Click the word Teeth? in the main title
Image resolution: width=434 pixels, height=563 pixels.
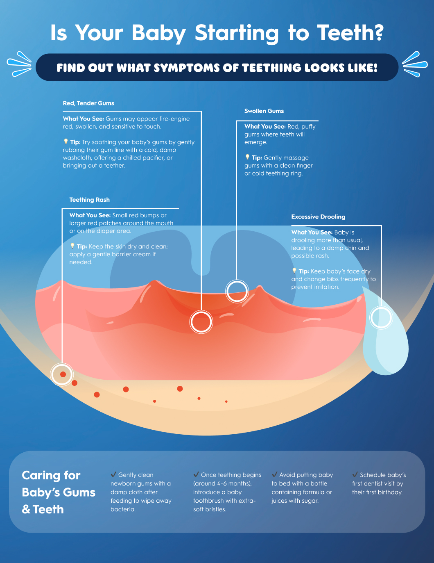click(350, 33)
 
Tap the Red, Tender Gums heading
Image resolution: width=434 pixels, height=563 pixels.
click(88, 103)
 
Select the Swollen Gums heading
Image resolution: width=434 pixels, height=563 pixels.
click(264, 111)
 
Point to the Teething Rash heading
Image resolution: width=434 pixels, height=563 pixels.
click(89, 200)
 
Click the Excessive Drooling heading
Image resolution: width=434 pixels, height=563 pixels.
click(318, 217)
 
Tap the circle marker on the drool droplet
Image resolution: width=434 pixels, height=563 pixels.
click(381, 318)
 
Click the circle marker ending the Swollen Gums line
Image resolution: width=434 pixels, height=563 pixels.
click(237, 292)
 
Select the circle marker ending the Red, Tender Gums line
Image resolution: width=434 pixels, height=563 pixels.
click(201, 322)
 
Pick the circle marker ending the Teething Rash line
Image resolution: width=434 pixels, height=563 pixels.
click(62, 374)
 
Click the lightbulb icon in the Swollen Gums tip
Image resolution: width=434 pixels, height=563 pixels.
click(247, 157)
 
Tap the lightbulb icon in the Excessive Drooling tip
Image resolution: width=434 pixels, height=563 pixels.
click(294, 271)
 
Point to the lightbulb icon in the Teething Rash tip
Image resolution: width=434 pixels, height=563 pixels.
click(72, 246)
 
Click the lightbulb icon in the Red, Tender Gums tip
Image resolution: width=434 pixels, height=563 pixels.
click(66, 141)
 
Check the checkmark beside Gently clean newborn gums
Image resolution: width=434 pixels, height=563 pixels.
click(113, 474)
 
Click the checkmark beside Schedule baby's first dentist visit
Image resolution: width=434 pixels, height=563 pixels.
click(355, 474)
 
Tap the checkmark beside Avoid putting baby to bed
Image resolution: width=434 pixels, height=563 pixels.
click(274, 474)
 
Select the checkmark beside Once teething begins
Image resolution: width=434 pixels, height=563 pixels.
click(196, 474)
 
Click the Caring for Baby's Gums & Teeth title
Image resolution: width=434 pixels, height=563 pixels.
click(58, 492)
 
